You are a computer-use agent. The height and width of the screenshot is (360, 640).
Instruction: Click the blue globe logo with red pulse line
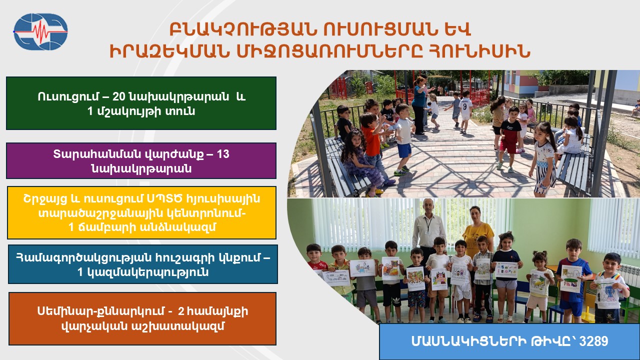[x=40, y=31]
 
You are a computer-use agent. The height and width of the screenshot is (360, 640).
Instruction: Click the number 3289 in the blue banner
[x=593, y=341]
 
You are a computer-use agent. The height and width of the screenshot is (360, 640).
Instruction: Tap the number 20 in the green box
[x=119, y=97]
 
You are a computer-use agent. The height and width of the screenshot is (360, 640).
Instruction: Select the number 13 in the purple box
[x=223, y=154]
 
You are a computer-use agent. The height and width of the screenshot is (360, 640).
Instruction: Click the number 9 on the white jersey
[x=465, y=107]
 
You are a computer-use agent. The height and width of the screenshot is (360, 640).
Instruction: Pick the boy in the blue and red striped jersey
[x=573, y=280]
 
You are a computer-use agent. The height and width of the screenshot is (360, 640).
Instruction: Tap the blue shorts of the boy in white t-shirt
[x=404, y=150]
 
